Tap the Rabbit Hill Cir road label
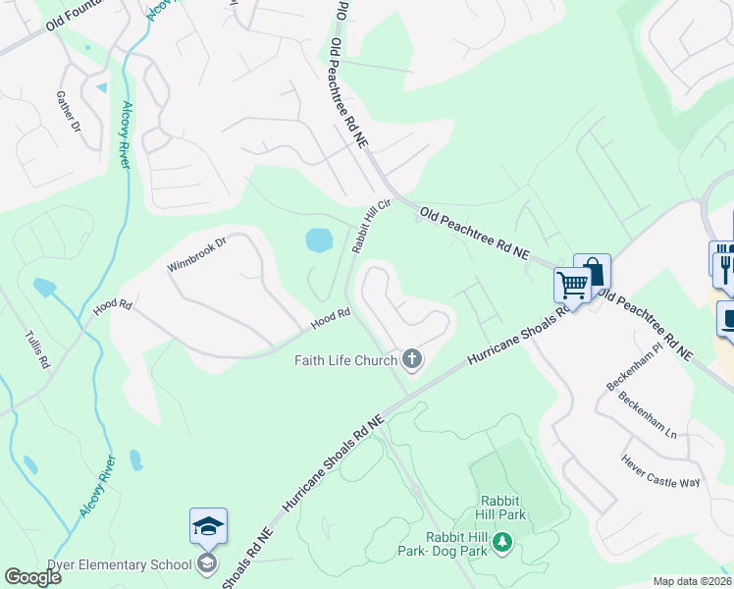(372, 224)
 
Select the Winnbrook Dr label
(195, 253)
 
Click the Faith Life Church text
(346, 360)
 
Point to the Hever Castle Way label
(661, 470)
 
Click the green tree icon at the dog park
(502, 541)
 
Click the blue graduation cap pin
(209, 527)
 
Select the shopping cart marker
(572, 286)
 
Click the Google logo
(33, 577)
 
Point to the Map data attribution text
(692, 581)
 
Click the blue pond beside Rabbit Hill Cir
(319, 240)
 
